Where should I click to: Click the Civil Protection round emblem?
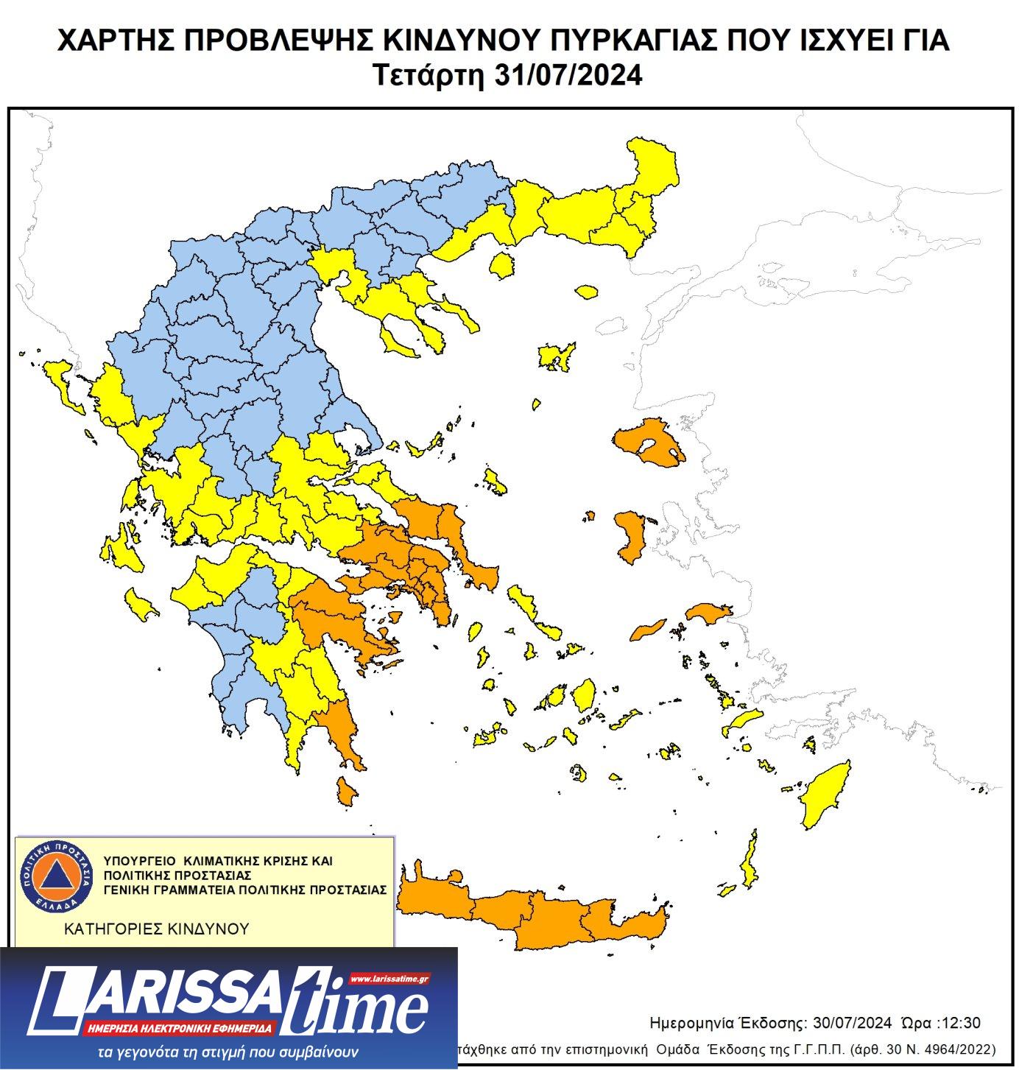56,877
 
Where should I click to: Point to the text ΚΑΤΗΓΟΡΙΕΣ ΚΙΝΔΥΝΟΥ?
157,929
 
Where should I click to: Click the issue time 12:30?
963,1023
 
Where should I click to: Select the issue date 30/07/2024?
852,1023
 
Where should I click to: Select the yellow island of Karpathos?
750,862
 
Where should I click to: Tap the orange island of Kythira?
346,791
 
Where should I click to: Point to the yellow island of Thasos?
501,264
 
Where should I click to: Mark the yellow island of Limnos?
556,357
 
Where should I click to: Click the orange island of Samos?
708,613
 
